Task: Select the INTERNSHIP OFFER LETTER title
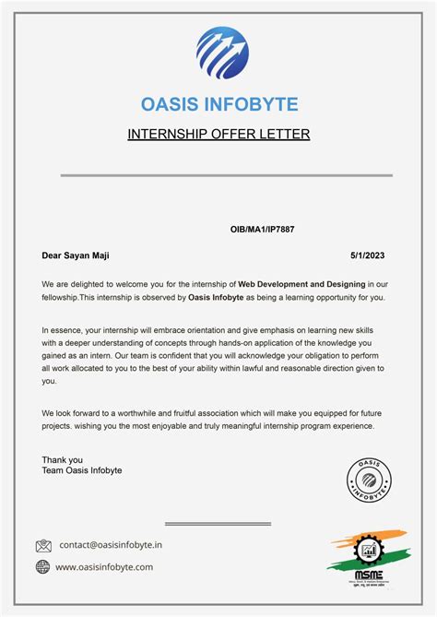tap(218, 135)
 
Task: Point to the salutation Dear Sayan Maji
tap(82, 255)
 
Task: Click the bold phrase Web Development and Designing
tap(301, 284)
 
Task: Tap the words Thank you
tap(62, 459)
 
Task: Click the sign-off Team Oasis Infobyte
tap(82, 471)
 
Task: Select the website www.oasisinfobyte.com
tap(104, 567)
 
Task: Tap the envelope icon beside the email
tap(43, 546)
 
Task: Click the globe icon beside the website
tap(43, 567)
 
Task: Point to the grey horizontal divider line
tap(226, 174)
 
